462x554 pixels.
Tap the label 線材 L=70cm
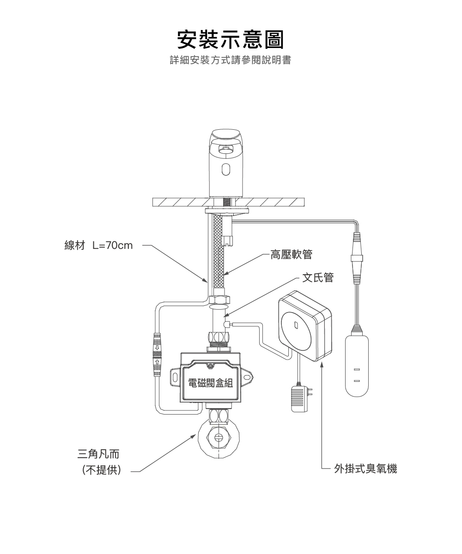(98, 245)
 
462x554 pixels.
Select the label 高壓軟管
(291, 254)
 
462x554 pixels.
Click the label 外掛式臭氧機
(365, 469)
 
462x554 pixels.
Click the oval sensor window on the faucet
(225, 169)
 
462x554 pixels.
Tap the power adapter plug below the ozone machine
(298, 398)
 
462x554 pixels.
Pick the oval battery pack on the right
(357, 365)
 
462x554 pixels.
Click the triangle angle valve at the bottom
(219, 437)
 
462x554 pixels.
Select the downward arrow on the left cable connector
(157, 346)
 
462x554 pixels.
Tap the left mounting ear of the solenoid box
(176, 376)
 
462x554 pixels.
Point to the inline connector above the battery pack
(357, 258)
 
